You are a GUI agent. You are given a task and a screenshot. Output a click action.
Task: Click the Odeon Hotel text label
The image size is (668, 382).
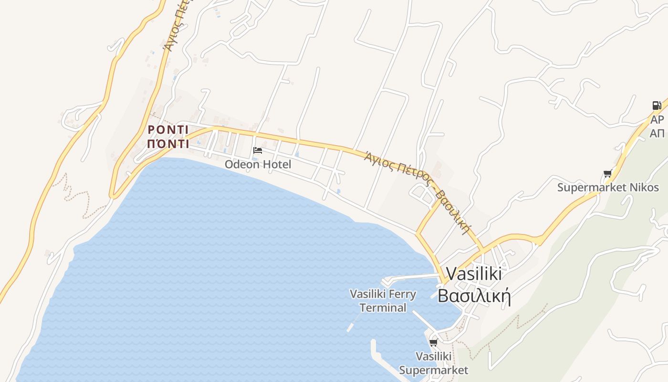pos(258,164)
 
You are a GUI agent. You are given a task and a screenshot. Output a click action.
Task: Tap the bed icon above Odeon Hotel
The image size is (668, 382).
pos(258,150)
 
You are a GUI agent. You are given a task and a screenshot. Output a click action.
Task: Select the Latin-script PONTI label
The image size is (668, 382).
pos(168,130)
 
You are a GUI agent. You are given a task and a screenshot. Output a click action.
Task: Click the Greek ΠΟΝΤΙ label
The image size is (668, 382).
pos(168,144)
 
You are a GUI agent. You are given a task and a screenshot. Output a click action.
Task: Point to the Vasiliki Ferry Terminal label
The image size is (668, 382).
pos(383,301)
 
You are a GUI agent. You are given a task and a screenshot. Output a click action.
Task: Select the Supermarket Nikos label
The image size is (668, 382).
pos(608,187)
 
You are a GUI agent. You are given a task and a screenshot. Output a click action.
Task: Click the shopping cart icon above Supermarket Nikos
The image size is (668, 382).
pos(607,174)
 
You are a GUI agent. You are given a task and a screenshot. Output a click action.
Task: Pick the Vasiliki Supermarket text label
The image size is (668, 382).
pos(434,363)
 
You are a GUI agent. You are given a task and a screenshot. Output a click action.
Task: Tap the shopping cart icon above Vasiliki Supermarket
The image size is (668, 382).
pos(433,342)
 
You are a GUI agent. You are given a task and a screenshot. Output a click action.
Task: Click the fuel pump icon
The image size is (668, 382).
pos(657,106)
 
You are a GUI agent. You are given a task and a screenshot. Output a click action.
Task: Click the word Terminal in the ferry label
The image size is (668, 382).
pos(383,308)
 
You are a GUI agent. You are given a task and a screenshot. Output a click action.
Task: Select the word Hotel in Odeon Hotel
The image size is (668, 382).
pos(276,164)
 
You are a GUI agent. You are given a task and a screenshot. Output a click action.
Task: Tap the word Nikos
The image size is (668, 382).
pos(646,187)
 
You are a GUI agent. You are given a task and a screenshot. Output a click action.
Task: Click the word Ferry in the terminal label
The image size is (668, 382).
pos(403,294)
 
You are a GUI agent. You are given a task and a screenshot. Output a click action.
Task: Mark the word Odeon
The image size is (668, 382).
pos(242,164)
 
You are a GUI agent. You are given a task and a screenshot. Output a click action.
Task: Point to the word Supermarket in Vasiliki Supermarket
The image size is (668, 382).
pos(434,370)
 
